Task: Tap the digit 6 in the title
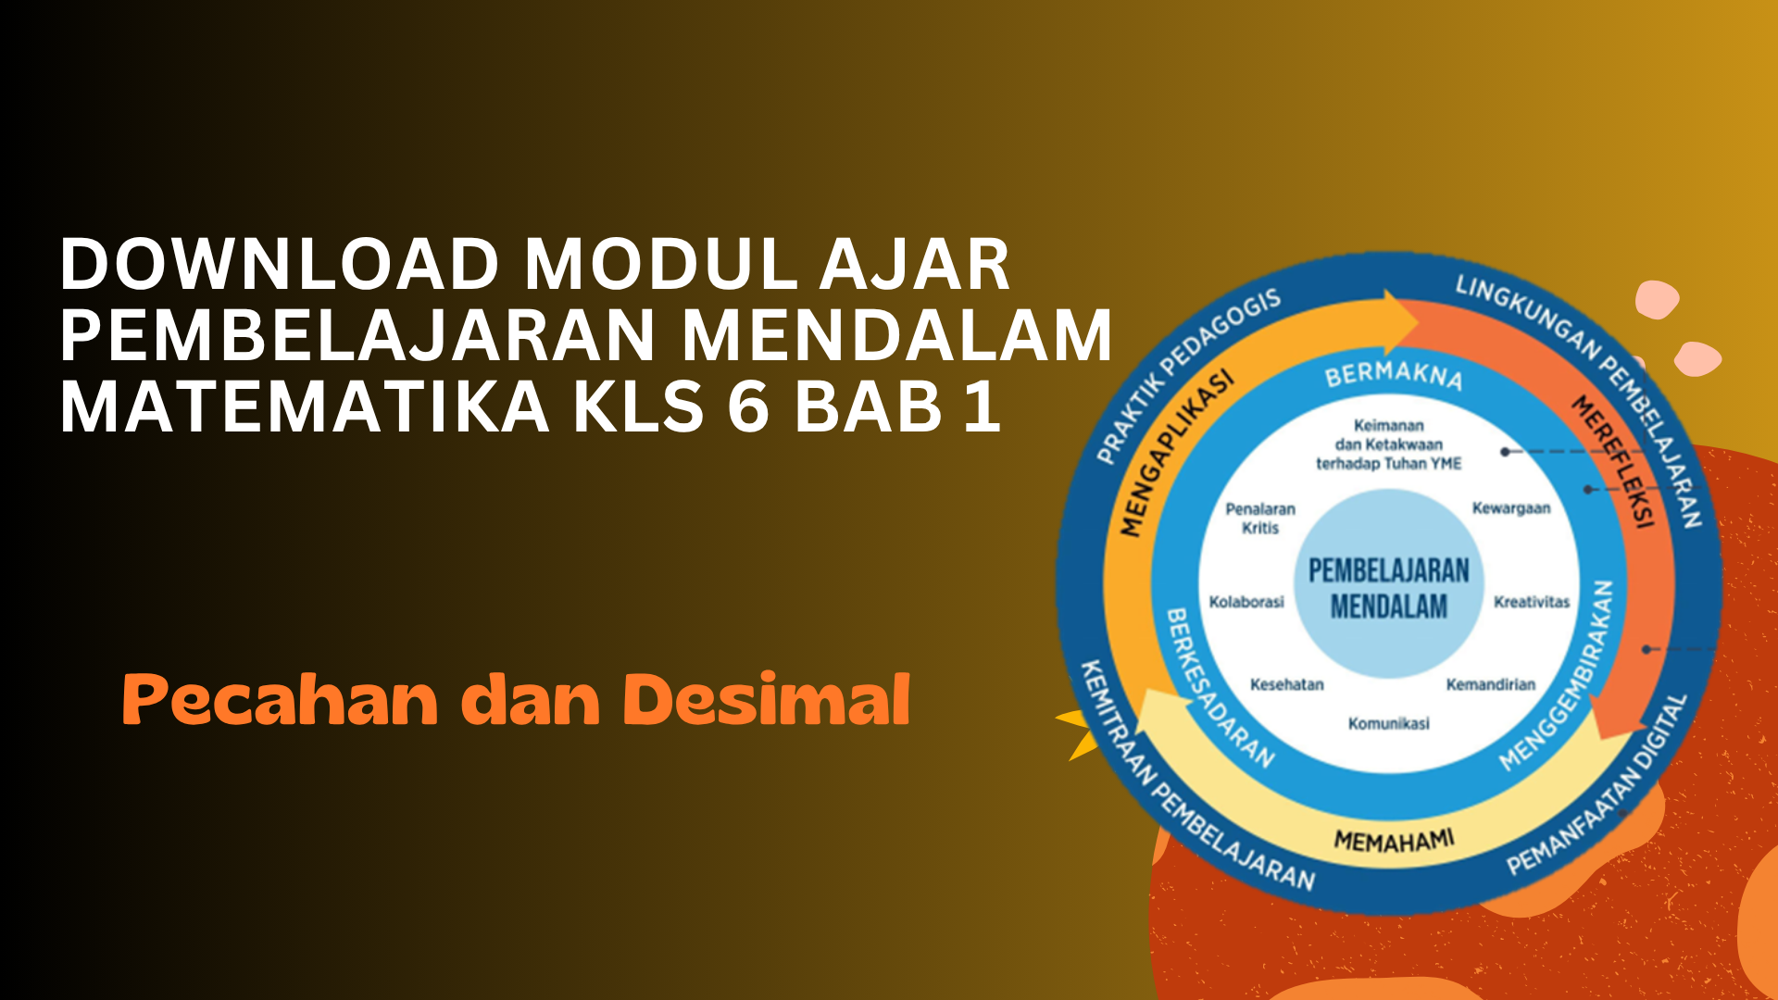[748, 406]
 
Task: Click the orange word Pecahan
[280, 701]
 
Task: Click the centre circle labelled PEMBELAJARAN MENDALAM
[1388, 584]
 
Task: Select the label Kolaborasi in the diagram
[1246, 602]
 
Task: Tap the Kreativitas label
[1532, 602]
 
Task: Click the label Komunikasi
[1388, 723]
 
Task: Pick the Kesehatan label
[1287, 684]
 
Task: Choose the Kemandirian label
[1491, 684]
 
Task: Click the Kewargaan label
[1511, 508]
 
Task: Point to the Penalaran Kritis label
[1260, 519]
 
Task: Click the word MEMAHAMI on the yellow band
[1394, 840]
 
